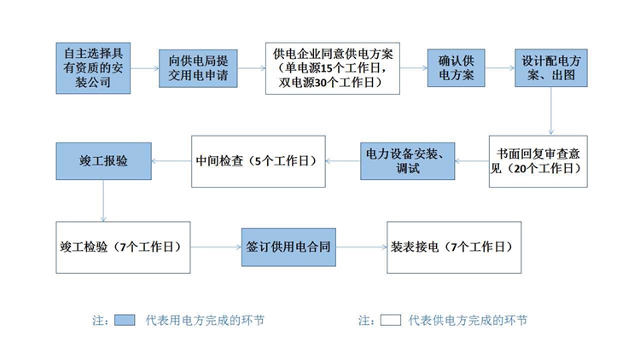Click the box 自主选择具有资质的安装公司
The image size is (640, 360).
click(92, 68)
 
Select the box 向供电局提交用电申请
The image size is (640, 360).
click(199, 68)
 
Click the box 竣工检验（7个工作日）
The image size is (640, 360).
click(123, 247)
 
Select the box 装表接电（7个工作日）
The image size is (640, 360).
click(453, 247)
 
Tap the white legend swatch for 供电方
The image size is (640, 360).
click(391, 321)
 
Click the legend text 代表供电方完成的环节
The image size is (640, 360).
click(468, 321)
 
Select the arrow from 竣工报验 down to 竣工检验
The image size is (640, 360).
click(103, 203)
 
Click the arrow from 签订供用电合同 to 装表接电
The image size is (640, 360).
click(359, 247)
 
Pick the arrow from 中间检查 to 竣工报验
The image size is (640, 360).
click(172, 160)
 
